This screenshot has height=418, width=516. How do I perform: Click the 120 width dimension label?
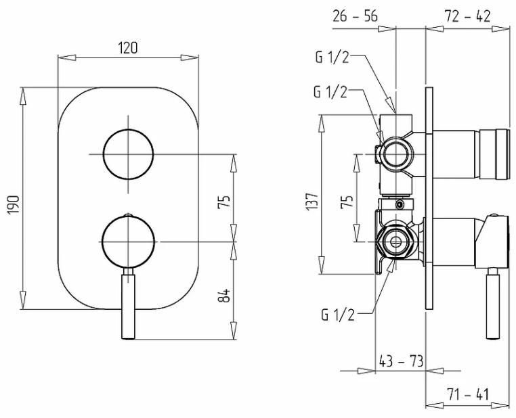[x=128, y=48]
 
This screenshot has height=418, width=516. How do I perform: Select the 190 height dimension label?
[x=14, y=205]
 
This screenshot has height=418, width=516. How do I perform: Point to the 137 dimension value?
[x=312, y=201]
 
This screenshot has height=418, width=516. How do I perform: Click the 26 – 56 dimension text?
[x=355, y=16]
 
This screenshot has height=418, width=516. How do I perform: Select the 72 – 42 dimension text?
[x=468, y=16]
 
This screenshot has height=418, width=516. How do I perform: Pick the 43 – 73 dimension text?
[x=401, y=361]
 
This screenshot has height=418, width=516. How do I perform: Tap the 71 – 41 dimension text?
[x=468, y=394]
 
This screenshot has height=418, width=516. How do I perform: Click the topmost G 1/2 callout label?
[x=332, y=58]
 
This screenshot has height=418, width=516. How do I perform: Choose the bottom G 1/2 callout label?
[x=339, y=315]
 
